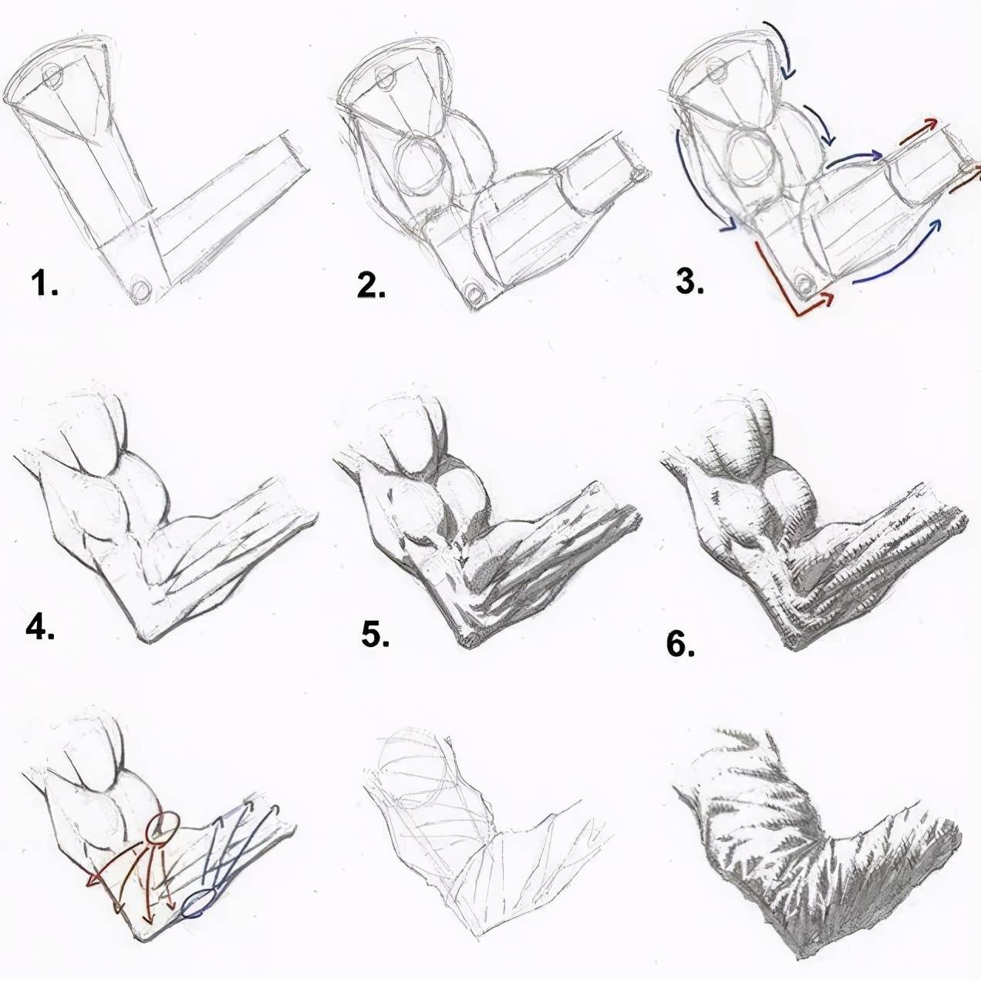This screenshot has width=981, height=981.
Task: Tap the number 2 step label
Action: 371,285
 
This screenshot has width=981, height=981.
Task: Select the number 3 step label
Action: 690,281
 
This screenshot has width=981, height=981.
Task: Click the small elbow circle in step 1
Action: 141,289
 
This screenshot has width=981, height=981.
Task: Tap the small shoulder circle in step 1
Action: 52,76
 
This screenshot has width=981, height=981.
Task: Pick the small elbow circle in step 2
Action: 476,293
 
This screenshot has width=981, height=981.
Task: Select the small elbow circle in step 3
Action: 804,282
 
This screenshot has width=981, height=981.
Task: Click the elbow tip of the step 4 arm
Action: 147,640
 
